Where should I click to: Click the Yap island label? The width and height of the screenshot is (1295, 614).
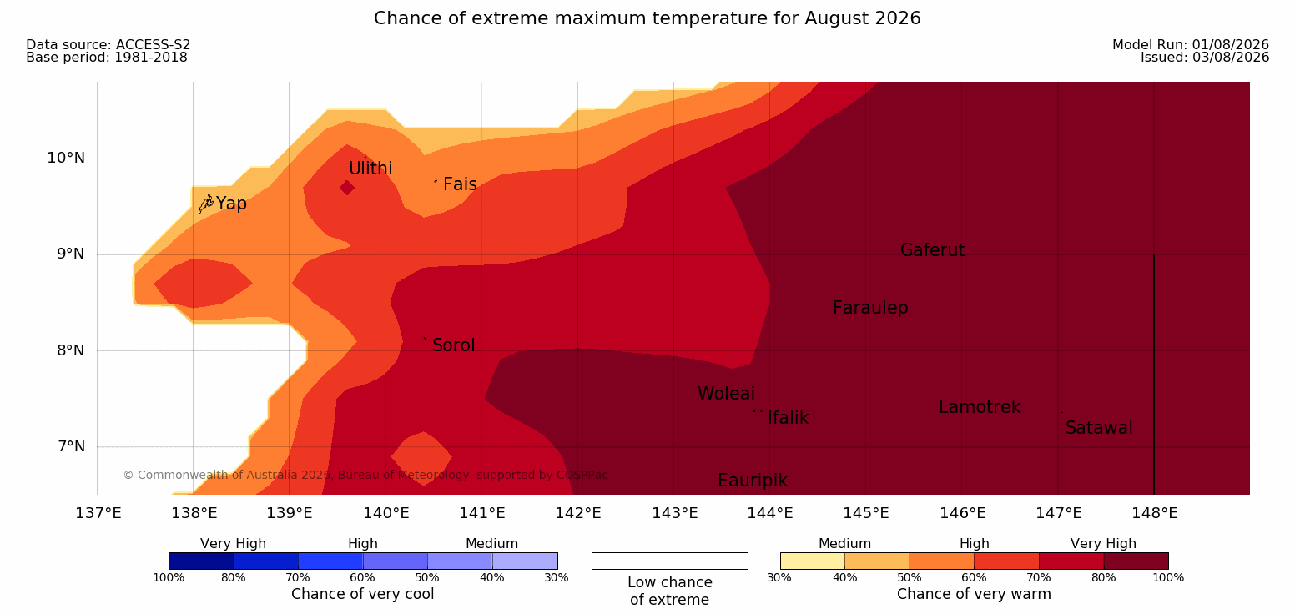click(231, 204)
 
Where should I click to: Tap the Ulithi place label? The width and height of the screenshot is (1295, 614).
click(370, 169)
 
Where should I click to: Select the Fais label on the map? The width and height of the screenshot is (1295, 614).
click(460, 184)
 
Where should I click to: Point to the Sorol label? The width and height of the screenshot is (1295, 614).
click(453, 345)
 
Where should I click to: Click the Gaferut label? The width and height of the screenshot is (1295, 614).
click(933, 250)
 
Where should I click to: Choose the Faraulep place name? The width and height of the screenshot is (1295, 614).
click(870, 308)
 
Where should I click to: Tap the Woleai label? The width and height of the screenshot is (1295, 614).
click(726, 394)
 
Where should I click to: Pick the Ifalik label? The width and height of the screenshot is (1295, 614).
click(788, 417)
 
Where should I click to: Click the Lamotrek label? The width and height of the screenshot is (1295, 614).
click(980, 407)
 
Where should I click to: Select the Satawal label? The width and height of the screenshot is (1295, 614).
click(1098, 428)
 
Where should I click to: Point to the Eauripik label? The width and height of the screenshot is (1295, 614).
click(752, 481)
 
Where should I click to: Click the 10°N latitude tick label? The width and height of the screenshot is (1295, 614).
click(66, 158)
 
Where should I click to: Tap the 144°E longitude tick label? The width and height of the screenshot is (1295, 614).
click(770, 513)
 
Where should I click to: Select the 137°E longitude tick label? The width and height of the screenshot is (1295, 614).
click(98, 513)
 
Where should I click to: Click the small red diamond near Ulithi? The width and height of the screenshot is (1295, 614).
click(347, 188)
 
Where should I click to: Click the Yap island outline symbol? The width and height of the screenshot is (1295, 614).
click(206, 204)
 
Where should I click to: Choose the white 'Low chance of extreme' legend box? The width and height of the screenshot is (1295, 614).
click(669, 561)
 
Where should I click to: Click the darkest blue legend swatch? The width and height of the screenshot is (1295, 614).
click(201, 561)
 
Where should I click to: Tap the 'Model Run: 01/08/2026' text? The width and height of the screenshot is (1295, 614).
click(1191, 45)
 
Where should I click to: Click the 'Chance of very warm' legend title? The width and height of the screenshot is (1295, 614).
click(974, 594)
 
